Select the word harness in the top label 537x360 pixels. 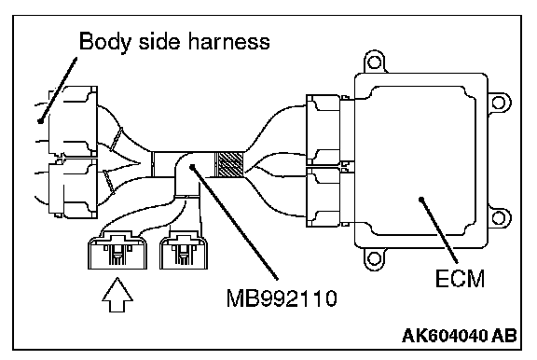pos(229,42)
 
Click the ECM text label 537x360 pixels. pos(460,279)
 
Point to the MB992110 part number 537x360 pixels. pos(282,298)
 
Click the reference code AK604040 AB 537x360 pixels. pos(460,336)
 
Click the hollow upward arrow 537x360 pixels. pos(117,295)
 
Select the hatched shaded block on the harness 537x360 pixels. pos(229,164)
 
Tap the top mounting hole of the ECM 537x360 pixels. pos(374,62)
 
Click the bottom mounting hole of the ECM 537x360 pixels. pos(374,258)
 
